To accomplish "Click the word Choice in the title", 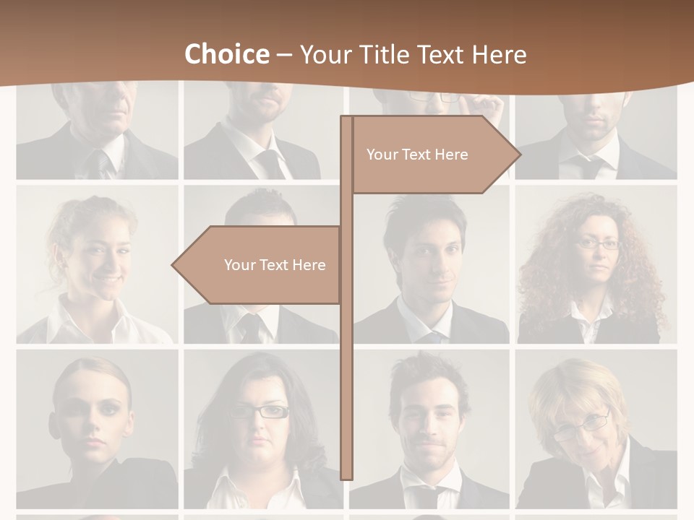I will pos(226,54).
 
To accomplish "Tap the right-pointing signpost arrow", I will pos(434,155).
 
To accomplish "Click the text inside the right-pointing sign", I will pos(417,155).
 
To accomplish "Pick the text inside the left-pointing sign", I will pos(275,265).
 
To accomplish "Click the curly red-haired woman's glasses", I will pos(598,244).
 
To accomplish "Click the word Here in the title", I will pos(499,54).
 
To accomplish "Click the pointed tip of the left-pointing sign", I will pos(174,265).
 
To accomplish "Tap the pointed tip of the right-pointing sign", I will pos(518,154).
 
